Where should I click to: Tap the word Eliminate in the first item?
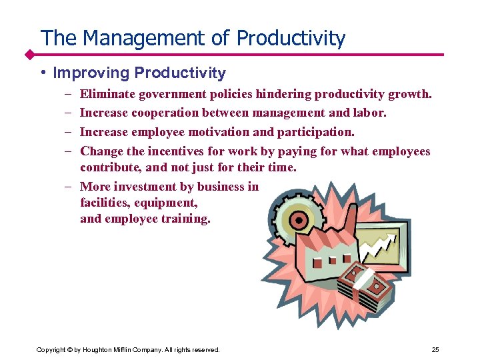click(106, 94)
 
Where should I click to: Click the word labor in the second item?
click(371, 113)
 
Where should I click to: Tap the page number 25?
click(435, 349)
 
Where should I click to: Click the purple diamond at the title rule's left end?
click(29, 53)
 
